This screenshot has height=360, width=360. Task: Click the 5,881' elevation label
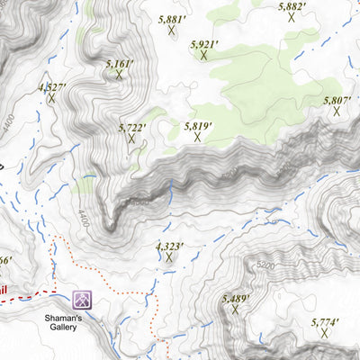(x=171, y=18)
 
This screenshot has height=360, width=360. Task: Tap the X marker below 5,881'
(x=171, y=31)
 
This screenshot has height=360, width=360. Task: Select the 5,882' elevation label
(x=292, y=6)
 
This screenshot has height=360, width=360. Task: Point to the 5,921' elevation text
(x=204, y=44)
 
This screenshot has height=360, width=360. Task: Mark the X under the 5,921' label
(x=204, y=56)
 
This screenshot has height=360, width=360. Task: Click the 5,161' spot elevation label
(x=119, y=64)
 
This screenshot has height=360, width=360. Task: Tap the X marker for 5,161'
(x=119, y=76)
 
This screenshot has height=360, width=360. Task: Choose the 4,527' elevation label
(x=51, y=86)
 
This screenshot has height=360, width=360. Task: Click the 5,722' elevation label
(x=132, y=128)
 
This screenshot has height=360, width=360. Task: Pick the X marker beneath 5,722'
(x=132, y=139)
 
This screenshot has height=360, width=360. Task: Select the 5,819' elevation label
(x=197, y=127)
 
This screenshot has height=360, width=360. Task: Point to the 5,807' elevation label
(x=336, y=101)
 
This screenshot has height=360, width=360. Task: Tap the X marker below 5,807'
(x=336, y=112)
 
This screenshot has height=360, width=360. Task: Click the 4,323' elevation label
(x=169, y=246)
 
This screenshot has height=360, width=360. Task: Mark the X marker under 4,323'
(x=169, y=257)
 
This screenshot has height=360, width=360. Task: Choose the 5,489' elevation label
(x=236, y=298)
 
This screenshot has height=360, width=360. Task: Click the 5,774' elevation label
(x=325, y=321)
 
